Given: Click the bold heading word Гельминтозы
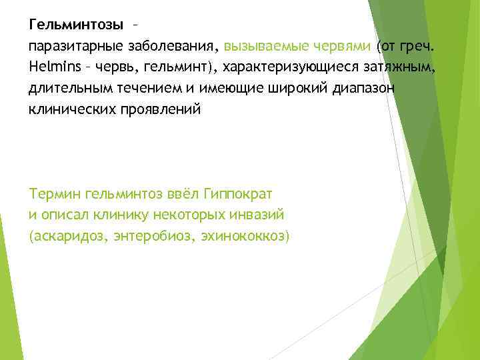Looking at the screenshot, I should (x=76, y=25).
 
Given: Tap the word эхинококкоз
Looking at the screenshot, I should (x=245, y=236).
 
